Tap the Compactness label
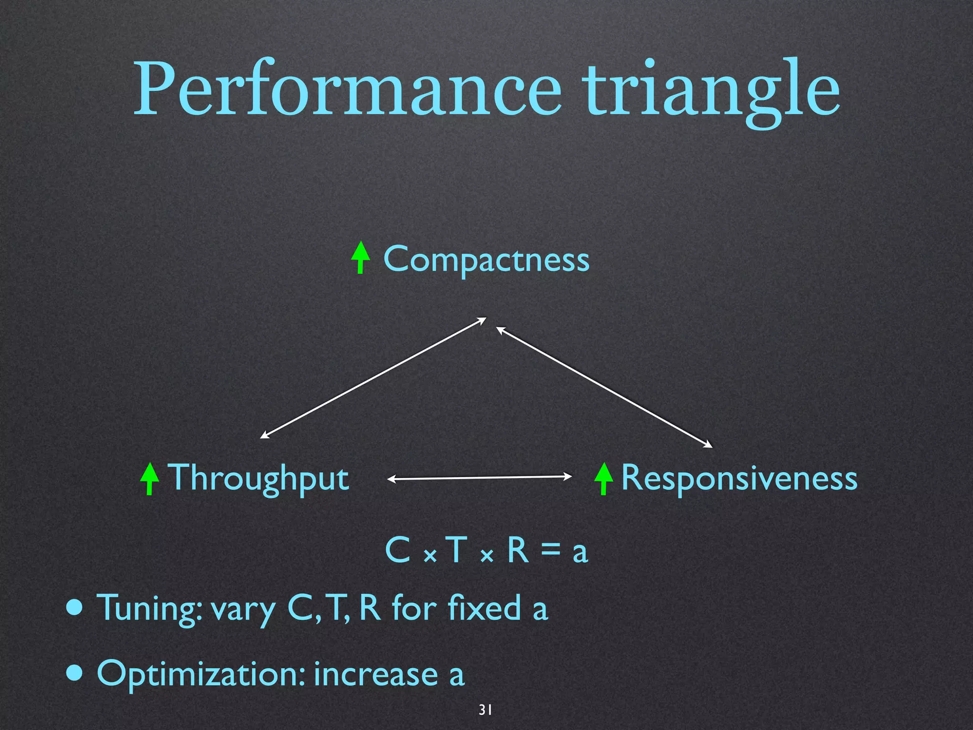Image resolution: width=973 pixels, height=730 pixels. pos(486,259)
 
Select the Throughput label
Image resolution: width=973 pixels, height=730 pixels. pos(259,478)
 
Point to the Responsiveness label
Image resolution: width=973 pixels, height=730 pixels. pos(739,478)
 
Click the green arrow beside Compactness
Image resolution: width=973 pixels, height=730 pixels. pos(361,257)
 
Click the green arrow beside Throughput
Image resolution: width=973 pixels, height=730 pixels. pos(150,479)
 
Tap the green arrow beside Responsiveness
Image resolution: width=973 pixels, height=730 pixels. pos(603,479)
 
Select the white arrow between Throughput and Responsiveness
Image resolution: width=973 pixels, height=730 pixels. pos(480,478)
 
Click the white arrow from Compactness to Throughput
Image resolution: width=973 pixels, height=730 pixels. pos(373,378)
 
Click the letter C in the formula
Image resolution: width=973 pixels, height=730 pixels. pos(397,550)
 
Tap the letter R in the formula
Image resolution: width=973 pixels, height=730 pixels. pos(518,550)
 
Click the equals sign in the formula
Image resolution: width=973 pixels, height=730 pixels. pos(550,551)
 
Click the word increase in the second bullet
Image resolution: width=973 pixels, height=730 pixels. pos(375,674)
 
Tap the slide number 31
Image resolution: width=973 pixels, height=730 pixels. pos(485,710)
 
